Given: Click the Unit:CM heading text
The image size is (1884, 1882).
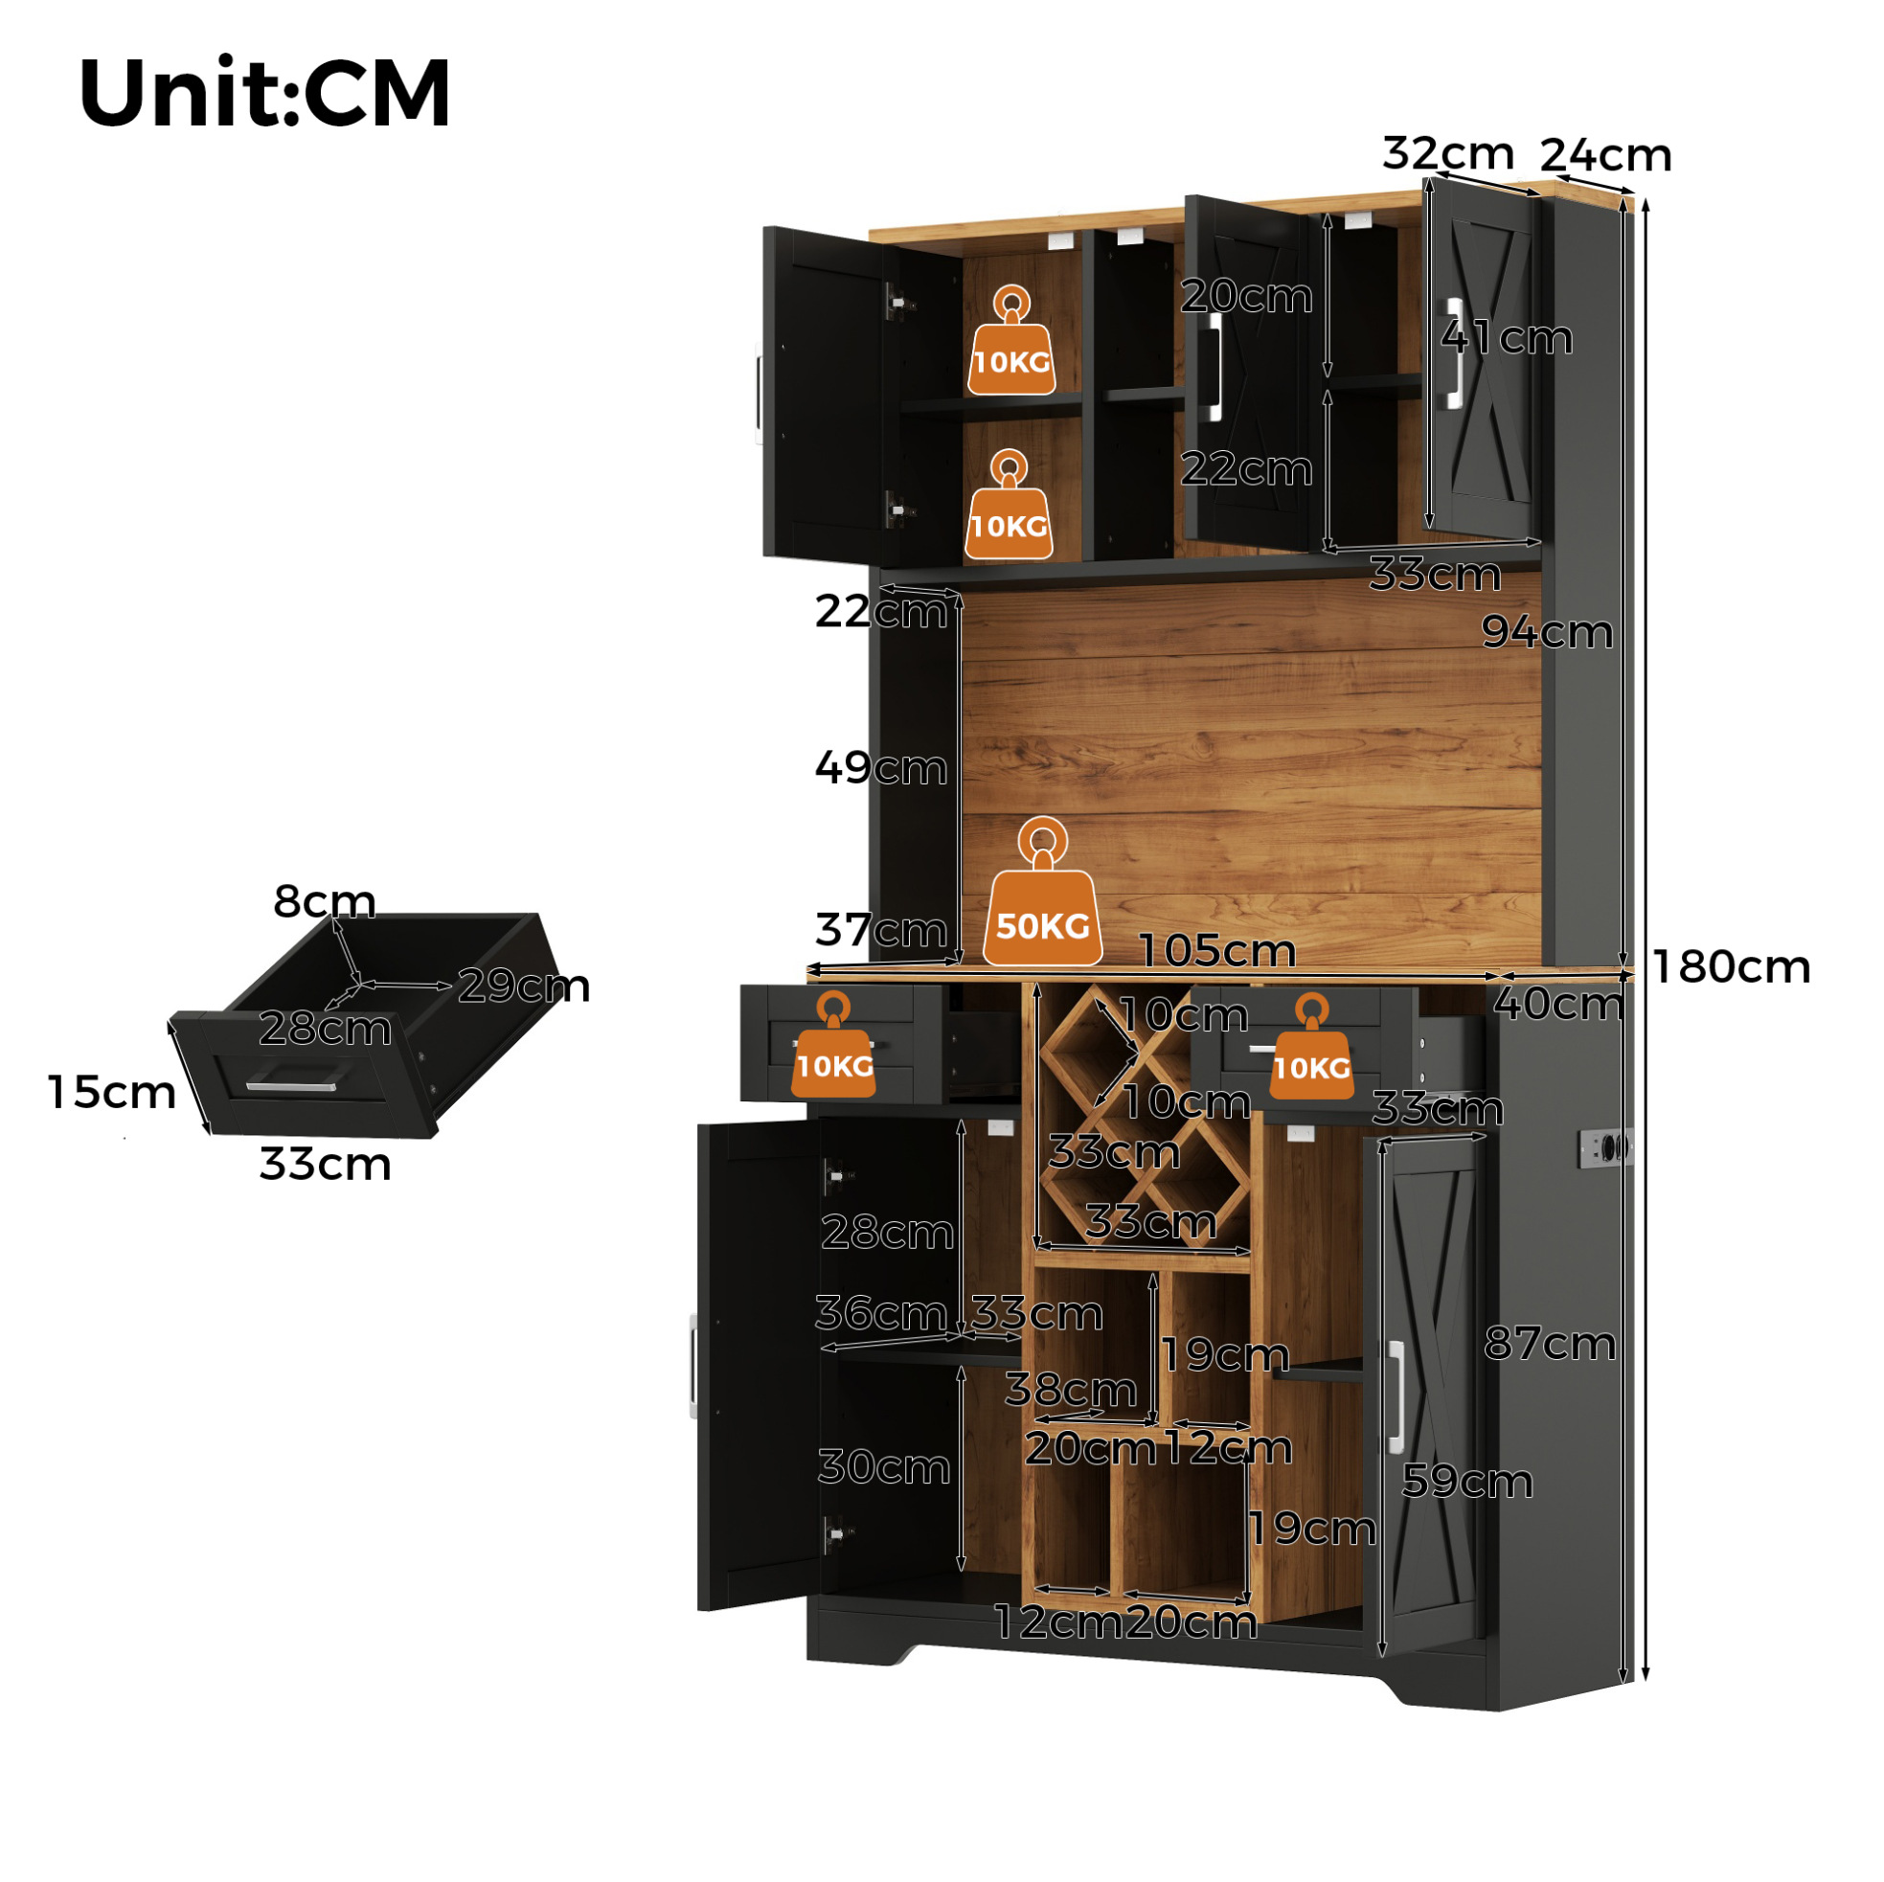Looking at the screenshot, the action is coord(264,93).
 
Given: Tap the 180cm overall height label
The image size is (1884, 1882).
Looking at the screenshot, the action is coord(1731,967).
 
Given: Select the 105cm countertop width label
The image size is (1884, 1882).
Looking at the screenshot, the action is coord(1217,951).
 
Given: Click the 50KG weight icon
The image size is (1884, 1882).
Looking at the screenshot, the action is coord(1042,892).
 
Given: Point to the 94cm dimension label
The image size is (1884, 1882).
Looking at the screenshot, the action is coord(1547,632).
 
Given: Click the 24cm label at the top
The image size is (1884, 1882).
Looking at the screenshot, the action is coord(1605,155).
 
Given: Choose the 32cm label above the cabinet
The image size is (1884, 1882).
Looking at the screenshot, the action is coord(1448,153).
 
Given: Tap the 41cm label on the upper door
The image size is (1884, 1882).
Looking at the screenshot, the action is coord(1507,337).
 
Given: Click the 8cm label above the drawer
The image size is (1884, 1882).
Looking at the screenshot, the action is coord(325,901).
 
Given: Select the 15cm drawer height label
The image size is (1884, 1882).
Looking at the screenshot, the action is coord(112,1092).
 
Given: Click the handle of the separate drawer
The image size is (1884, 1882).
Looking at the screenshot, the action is coord(290,1085).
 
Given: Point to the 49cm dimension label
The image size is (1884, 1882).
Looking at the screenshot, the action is coord(880,767).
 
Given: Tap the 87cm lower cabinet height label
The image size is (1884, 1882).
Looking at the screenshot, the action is coord(1550,1344).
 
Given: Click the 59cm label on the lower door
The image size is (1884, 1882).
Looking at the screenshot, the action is coord(1466,1482).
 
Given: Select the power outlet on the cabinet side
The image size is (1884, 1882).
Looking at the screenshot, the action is coord(1607,1145).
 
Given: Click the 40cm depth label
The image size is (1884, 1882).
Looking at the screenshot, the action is coord(1558,1005).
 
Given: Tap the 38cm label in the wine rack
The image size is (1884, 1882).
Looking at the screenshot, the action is coord(1071,1390).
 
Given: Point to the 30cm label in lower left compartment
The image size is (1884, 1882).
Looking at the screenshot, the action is coord(883,1466).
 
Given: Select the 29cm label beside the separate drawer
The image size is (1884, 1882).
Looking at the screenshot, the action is coord(524,986).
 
